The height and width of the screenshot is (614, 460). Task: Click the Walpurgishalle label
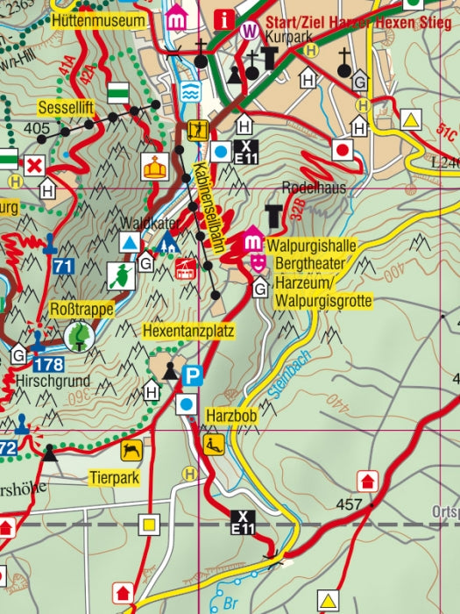click(312, 246)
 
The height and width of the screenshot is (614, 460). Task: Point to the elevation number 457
click(349, 506)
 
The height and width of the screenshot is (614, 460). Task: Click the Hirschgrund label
click(42, 382)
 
